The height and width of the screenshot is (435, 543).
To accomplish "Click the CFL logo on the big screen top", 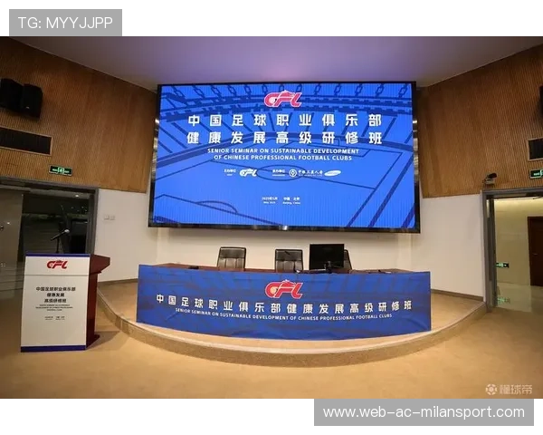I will point(282,99).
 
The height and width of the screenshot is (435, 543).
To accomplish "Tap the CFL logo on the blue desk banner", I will point(283,289).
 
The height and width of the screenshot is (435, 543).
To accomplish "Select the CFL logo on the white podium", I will point(57,265).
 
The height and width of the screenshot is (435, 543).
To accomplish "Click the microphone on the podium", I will point(62,235).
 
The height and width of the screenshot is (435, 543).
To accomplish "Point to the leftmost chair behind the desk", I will point(231,258).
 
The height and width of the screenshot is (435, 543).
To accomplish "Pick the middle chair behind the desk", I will point(288,259).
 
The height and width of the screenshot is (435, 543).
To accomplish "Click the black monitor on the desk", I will point(326,256).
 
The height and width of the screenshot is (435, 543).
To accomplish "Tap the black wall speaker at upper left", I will point(21,98).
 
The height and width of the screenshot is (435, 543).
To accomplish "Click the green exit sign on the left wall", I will point(61,170).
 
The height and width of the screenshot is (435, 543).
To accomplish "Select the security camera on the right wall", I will point(491,178).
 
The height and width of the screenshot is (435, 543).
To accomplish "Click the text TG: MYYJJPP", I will point(65,23).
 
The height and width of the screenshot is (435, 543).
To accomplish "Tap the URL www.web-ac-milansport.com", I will point(424,412).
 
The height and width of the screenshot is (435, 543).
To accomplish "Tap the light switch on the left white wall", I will point(109,217).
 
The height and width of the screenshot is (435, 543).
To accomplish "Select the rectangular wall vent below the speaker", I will point(24,140).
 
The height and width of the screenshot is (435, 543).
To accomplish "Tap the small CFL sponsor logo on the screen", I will point(247,172).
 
